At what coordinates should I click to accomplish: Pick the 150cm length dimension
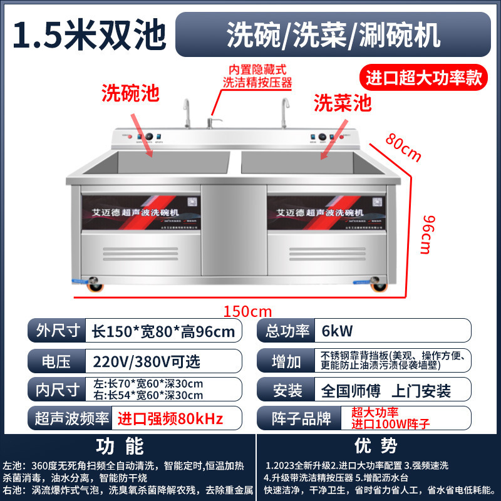coord(249,310)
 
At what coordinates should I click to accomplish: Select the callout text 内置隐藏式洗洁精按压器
coord(257,76)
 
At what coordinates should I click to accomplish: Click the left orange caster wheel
coord(96,288)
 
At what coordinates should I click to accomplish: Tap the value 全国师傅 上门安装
coord(386,391)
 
